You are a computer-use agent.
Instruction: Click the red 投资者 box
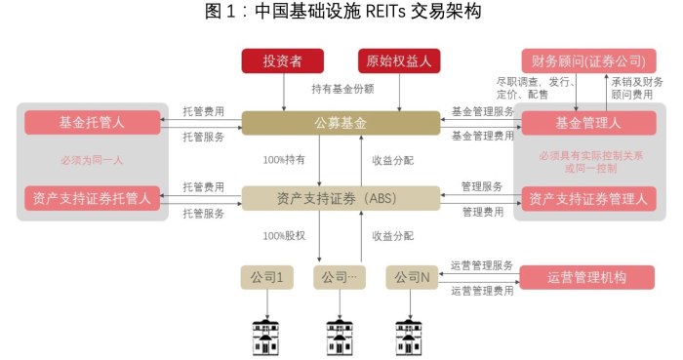coord(282,60)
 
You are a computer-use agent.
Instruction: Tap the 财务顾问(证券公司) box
coord(580,60)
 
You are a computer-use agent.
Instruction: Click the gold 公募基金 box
coord(341,123)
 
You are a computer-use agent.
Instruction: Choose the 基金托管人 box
coord(93,123)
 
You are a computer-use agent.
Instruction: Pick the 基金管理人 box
coord(587,123)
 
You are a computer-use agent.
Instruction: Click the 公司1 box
coord(266,277)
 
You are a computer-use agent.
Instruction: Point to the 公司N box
coord(412,277)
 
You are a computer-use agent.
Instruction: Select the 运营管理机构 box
coord(585,277)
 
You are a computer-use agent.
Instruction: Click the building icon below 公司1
coord(265,334)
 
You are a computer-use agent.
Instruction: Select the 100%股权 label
coord(284,236)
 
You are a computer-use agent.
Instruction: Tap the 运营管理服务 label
coord(482,265)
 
